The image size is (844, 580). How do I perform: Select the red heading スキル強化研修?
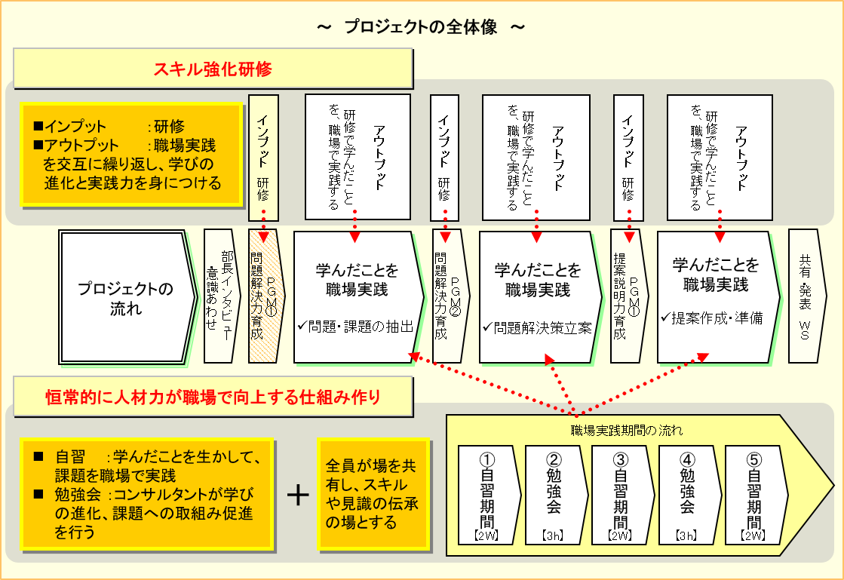213,69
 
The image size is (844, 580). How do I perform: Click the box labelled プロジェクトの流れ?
125,298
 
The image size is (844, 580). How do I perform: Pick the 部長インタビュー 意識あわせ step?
221,297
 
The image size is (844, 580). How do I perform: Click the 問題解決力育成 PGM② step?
449,297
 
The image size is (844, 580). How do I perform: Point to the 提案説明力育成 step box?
628,297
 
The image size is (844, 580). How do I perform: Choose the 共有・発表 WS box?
806,297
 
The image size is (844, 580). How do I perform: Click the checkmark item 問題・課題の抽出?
355,327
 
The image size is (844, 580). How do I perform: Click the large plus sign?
299,495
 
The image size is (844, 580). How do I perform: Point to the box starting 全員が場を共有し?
371,494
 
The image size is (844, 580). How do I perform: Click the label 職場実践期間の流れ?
627,431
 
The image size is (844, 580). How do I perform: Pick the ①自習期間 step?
488,494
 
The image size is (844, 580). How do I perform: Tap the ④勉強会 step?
687,494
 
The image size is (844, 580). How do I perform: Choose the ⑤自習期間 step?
753,494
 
